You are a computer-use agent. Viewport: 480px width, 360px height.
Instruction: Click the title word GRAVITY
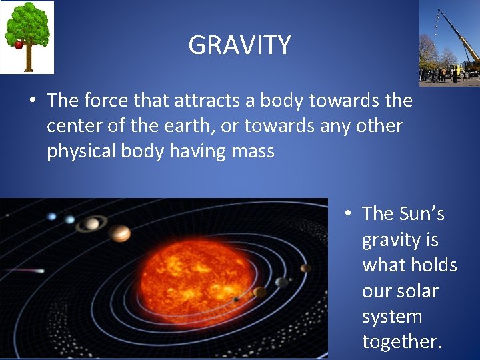(x=239, y=45)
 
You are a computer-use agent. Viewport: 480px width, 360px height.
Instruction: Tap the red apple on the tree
(x=19, y=45)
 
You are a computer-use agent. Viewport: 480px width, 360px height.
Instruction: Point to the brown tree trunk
(x=29, y=60)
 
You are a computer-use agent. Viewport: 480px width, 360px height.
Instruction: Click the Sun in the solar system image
(x=196, y=277)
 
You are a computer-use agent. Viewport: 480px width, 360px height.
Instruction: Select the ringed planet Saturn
(x=91, y=223)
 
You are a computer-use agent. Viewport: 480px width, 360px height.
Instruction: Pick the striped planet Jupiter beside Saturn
(x=120, y=233)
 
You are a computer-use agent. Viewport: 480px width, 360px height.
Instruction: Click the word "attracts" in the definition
(x=204, y=101)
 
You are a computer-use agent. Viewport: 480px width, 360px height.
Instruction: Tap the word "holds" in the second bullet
(x=433, y=265)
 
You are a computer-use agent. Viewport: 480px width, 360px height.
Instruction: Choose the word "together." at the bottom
(x=402, y=341)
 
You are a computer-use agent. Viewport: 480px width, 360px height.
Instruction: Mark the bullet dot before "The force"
(x=32, y=101)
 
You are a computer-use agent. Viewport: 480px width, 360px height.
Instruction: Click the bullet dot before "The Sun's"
(x=347, y=214)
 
